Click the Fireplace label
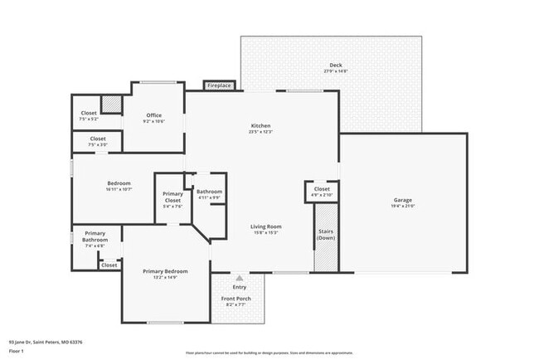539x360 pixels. tap(219, 85)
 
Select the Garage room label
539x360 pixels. tap(403, 200)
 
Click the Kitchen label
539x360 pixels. tap(260, 126)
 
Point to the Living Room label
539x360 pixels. tap(267, 226)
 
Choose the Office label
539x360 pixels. tap(154, 115)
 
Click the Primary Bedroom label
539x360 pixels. tap(165, 271)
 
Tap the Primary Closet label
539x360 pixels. tap(172, 197)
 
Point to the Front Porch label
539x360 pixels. tap(236, 299)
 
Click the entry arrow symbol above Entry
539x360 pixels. tap(240, 278)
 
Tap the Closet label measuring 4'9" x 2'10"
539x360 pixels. tap(322, 189)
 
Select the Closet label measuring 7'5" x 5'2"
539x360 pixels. tap(89, 113)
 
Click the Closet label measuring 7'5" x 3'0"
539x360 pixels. tap(97, 139)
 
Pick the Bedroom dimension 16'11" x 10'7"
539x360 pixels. tap(119, 189)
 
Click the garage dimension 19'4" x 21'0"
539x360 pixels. tap(403, 206)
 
